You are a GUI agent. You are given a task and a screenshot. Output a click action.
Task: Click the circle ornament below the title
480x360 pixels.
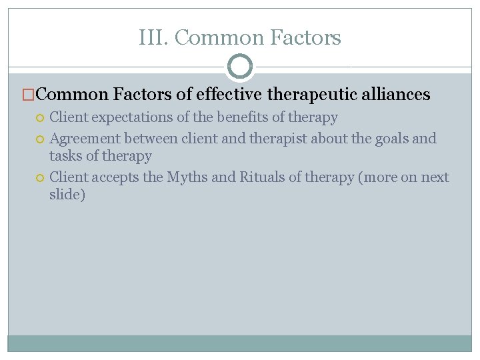point(240,67)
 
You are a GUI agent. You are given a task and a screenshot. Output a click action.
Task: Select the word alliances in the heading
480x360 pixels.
point(396,95)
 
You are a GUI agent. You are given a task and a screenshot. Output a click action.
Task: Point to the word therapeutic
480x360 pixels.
point(312,95)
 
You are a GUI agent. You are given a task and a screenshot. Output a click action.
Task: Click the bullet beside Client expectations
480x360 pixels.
point(41,118)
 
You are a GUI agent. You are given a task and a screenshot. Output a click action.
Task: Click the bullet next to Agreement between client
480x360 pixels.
point(41,139)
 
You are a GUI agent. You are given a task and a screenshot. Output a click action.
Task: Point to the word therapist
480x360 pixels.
point(277,139)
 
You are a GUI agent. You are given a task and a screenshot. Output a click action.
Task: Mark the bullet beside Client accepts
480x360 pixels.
point(41,178)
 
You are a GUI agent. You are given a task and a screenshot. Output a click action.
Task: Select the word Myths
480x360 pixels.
point(186,178)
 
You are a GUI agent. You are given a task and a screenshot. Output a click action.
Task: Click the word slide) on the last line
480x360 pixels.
point(67,195)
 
